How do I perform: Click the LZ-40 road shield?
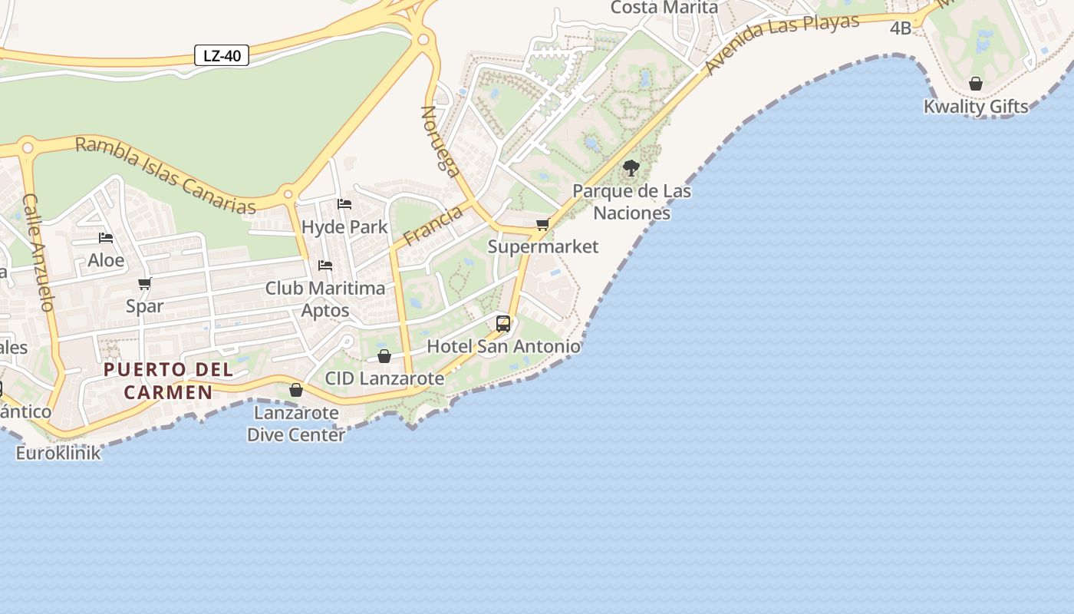pos(222,55)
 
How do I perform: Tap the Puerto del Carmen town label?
pos(168,381)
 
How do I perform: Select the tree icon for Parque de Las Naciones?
pos(631,167)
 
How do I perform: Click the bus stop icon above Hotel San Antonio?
pos(503,323)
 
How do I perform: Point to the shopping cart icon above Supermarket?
pos(543,224)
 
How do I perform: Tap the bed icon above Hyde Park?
pos(344,204)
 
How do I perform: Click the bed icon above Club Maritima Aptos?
pos(325,266)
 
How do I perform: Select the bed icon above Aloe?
pos(106,238)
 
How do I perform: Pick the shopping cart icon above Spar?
pos(145,283)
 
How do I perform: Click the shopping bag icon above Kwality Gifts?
pos(976,83)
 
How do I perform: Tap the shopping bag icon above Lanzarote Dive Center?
pos(296,390)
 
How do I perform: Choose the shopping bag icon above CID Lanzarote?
pos(384,356)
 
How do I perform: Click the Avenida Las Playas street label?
pos(782,43)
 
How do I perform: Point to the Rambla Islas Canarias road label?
pos(165,175)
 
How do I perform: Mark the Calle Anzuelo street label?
pos(38,252)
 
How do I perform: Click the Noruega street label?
pos(441,141)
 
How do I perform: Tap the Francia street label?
pos(433,226)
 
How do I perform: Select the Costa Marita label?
pos(664,8)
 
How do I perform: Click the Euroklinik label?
pos(58,453)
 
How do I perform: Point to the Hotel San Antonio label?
pos(503,346)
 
